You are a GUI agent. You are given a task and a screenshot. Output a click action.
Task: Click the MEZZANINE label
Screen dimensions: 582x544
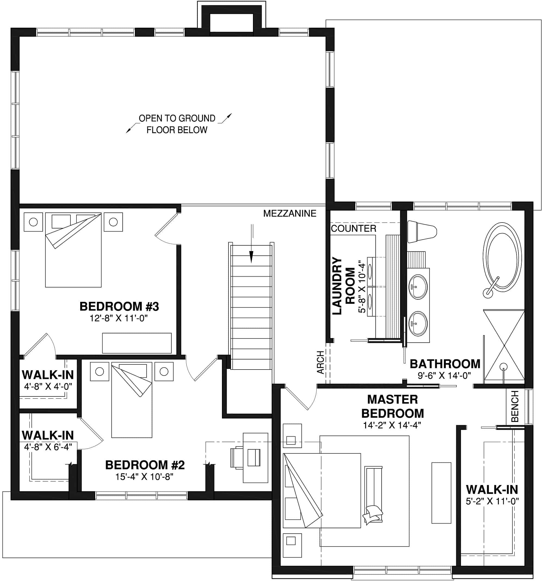point(290,213)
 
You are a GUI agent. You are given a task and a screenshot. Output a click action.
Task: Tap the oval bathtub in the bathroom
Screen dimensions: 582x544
point(502,257)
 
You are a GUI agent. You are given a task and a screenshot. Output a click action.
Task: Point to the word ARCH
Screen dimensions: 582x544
point(321,362)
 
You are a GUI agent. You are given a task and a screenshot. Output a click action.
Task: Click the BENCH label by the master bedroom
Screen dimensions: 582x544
point(515,406)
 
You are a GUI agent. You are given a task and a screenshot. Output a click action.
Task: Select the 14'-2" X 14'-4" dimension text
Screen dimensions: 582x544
point(392,425)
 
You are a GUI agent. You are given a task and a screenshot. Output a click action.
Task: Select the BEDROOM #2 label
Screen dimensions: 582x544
point(145,465)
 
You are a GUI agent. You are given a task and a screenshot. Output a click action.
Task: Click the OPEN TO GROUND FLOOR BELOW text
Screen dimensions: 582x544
point(177,124)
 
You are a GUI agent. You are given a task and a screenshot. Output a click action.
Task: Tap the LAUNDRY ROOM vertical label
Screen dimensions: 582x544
point(343,286)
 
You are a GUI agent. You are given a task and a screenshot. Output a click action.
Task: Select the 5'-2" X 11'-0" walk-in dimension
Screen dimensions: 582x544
point(492,502)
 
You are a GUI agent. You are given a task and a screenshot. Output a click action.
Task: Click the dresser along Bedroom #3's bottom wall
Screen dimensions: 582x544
point(137,343)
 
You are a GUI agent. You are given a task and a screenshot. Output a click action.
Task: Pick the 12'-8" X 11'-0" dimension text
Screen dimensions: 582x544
point(118,318)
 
